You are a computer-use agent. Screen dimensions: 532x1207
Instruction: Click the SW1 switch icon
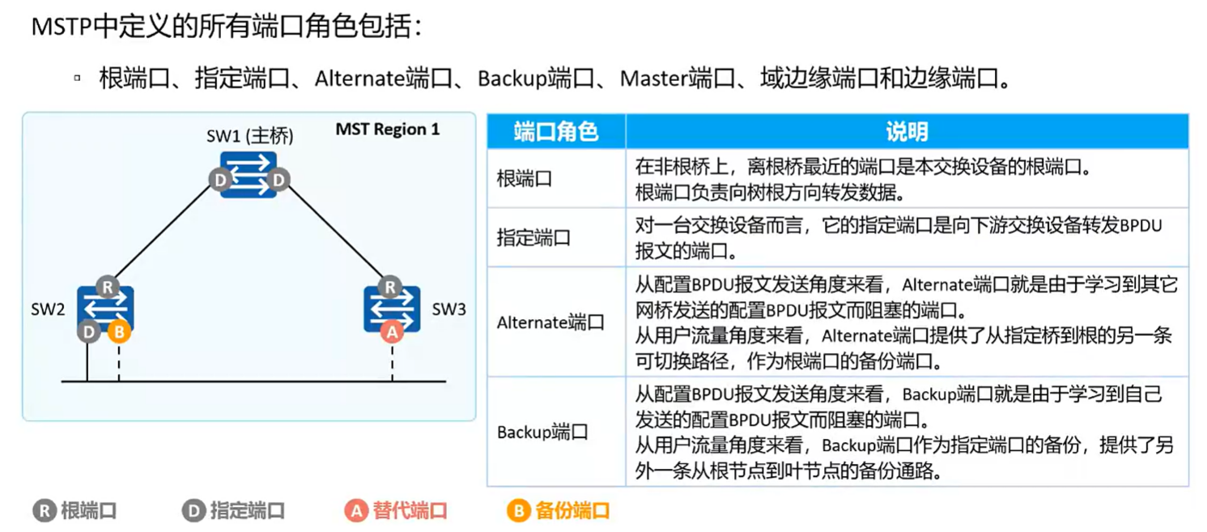point(249,175)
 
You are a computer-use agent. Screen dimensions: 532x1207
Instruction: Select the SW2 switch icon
point(105,309)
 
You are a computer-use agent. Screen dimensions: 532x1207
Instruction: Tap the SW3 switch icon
point(392,309)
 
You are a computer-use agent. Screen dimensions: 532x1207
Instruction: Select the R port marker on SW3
point(391,287)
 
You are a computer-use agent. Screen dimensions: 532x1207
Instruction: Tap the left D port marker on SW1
point(219,180)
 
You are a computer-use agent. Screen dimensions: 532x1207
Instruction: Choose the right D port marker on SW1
point(278,180)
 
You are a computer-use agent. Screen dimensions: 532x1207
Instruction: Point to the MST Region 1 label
point(388,130)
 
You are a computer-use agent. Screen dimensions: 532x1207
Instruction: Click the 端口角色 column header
point(556,131)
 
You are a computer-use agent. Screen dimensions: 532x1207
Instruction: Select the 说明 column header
point(907,131)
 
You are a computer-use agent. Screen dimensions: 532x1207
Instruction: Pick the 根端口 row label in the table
point(525,179)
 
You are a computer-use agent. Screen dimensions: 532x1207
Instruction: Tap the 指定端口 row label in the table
point(533,238)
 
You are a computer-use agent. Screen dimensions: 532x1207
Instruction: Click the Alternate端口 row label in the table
point(550,322)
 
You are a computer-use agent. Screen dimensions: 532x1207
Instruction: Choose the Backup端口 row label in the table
point(542,432)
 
